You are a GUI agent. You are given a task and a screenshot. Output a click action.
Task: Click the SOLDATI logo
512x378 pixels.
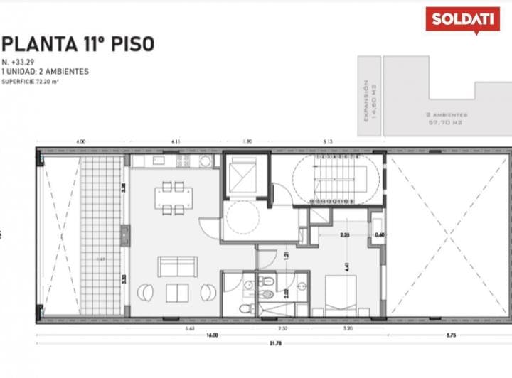click(462, 18)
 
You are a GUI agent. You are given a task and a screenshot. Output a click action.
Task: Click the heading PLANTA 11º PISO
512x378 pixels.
click(78, 44)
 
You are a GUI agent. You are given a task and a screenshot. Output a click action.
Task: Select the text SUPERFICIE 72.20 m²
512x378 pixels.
click(30, 82)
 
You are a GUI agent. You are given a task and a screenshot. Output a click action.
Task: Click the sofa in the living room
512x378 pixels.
click(176, 266)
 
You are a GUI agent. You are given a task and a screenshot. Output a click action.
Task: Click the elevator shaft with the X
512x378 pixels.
click(245, 175)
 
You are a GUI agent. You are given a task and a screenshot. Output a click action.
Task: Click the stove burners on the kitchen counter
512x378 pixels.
click(183, 161)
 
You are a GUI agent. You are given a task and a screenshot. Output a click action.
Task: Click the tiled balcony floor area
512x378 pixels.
click(104, 234)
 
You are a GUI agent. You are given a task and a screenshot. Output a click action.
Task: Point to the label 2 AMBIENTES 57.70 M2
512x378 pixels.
click(447, 118)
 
